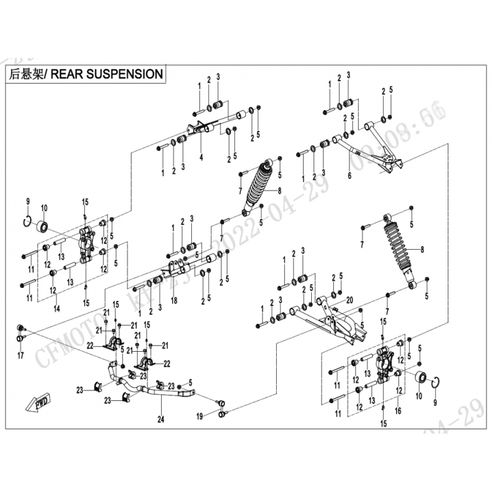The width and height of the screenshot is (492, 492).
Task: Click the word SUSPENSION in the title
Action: (x=126, y=74)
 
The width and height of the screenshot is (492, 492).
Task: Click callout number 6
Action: (x=349, y=175)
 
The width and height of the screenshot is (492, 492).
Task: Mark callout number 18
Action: (x=175, y=300)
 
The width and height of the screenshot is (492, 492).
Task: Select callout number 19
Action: (x=200, y=416)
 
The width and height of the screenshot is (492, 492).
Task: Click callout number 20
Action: (x=349, y=300)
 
